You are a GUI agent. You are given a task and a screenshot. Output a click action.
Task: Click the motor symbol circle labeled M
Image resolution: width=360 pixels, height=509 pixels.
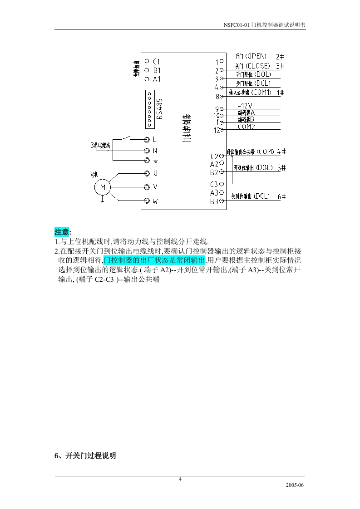(x=102, y=187)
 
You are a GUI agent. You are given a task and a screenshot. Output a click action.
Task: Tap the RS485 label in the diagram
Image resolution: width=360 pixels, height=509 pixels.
(x=160, y=109)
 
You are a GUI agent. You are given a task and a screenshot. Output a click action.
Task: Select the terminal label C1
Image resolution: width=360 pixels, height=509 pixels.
(x=156, y=61)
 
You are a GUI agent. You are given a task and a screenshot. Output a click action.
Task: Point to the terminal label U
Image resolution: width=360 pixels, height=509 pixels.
(x=155, y=173)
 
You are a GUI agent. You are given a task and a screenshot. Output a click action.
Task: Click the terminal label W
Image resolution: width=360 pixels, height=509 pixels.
(x=155, y=201)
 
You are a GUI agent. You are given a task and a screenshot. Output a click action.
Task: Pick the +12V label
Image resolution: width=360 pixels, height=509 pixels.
(x=245, y=105)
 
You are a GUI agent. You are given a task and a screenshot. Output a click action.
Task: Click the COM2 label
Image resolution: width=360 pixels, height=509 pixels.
(x=247, y=127)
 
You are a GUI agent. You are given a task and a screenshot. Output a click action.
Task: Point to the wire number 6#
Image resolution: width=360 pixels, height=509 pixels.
(x=281, y=196)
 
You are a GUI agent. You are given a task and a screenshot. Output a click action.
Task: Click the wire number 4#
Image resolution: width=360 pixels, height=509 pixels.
(x=281, y=151)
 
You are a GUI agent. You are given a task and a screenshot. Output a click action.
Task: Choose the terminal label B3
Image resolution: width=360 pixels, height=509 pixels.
(x=214, y=201)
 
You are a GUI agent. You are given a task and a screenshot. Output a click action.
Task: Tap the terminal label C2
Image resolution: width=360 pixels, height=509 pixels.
(x=214, y=157)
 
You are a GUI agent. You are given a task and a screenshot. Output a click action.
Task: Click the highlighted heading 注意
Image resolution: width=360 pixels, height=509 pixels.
(x=62, y=232)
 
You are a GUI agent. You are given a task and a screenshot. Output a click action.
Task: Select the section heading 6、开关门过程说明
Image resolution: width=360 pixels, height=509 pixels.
(x=85, y=455)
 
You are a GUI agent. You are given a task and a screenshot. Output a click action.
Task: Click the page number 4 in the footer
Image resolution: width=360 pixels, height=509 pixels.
(x=180, y=479)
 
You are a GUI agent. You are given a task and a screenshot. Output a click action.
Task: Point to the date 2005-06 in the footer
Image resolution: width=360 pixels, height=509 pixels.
(x=294, y=485)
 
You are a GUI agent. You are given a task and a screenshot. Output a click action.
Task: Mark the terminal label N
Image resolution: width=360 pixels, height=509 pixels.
(x=155, y=151)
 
